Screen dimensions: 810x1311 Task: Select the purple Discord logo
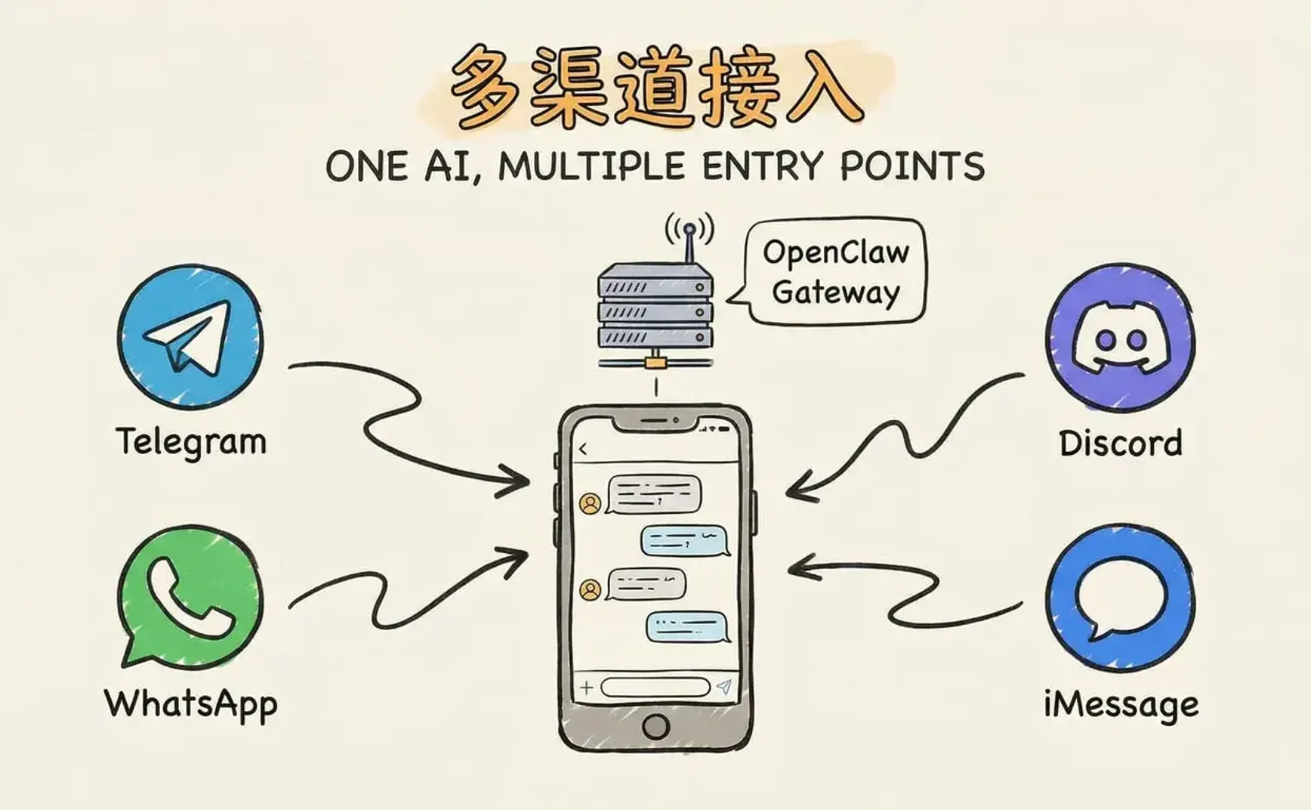pyautogui.click(x=1120, y=338)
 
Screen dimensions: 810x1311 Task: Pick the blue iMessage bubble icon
pyautogui.click(x=1120, y=597)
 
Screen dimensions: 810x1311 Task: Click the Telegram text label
pyautogui.click(x=191, y=441)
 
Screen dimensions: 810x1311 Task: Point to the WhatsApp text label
pyautogui.click(x=191, y=703)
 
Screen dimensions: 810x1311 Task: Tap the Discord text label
pyautogui.click(x=1120, y=443)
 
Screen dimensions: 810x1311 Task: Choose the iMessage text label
pyautogui.click(x=1121, y=704)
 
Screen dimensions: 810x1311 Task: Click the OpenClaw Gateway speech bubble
pyautogui.click(x=835, y=272)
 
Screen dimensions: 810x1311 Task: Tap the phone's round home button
pyautogui.click(x=655, y=726)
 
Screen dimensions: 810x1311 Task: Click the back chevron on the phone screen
pyautogui.click(x=583, y=450)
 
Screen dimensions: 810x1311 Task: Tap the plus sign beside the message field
pyautogui.click(x=587, y=688)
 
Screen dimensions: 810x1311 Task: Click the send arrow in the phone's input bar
pyautogui.click(x=724, y=686)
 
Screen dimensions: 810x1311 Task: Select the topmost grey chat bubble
pyautogui.click(x=654, y=495)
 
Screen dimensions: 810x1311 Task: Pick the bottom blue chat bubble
pyautogui.click(x=686, y=626)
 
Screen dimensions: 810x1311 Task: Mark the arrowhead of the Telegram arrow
pyautogui.click(x=517, y=481)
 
